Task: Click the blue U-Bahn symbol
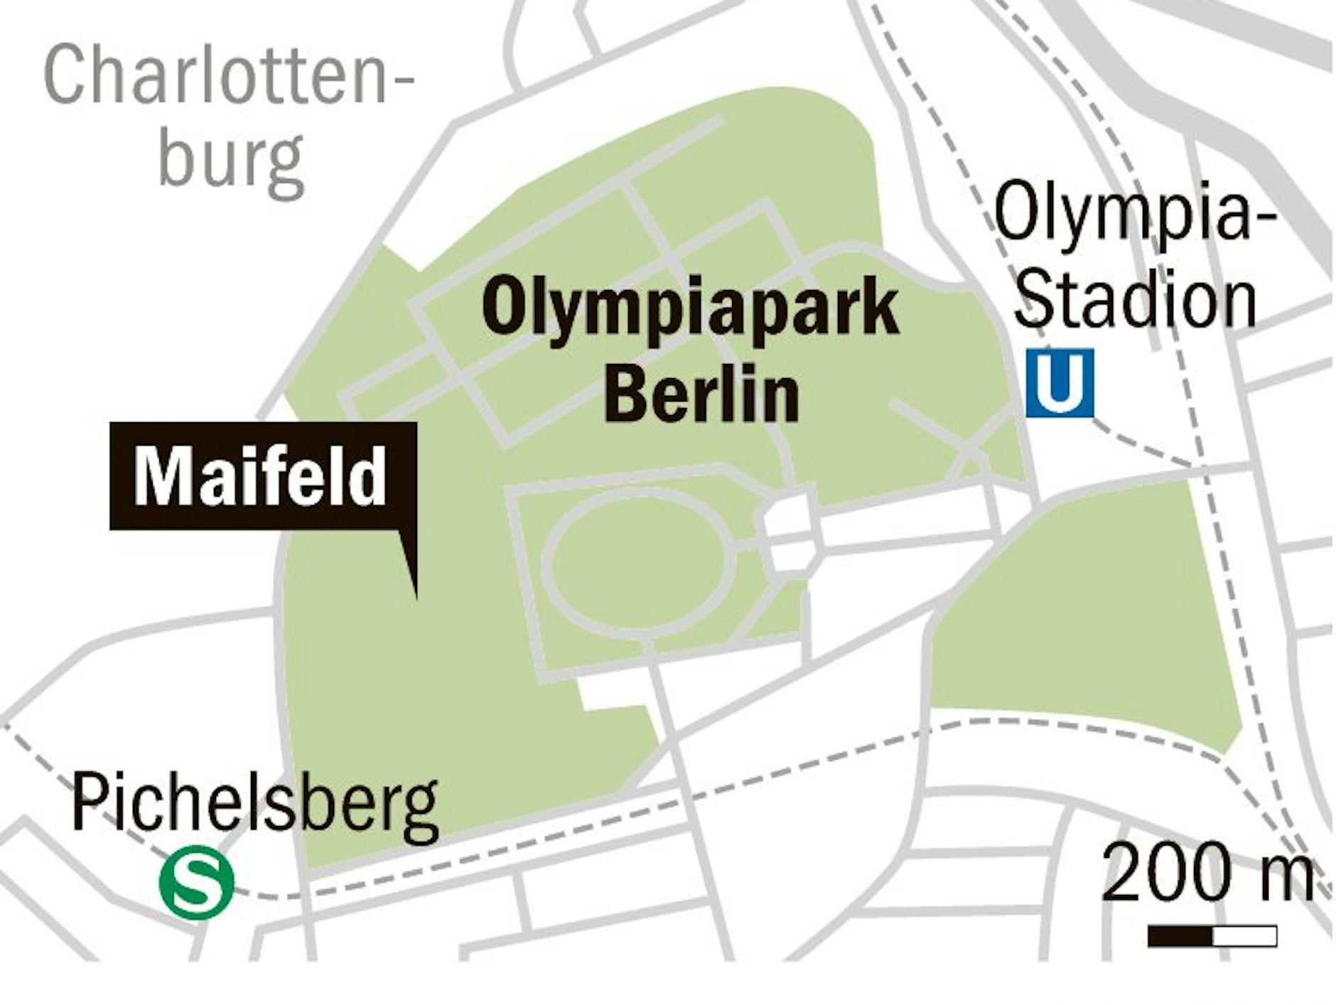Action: click(1060, 382)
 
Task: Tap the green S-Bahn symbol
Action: click(196, 885)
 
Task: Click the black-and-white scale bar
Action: click(1212, 936)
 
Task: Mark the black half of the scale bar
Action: click(1180, 936)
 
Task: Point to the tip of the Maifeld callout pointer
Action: click(416, 596)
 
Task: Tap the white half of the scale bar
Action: click(1244, 936)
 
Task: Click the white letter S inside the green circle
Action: click(196, 885)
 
